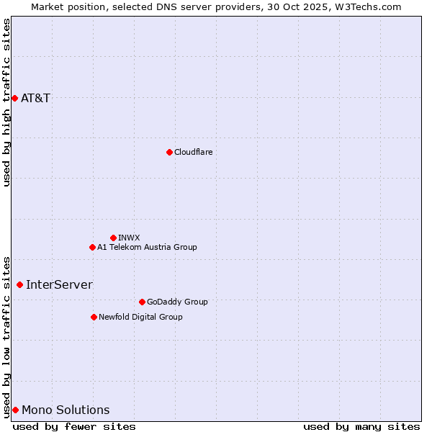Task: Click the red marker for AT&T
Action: pos(14,98)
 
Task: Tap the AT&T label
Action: pos(36,98)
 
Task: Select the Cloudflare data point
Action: pos(169,152)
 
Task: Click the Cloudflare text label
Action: pos(193,152)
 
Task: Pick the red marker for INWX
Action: pos(113,238)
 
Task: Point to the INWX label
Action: pos(129,238)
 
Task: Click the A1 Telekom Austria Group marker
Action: pos(92,247)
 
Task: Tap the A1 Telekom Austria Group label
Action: pos(147,247)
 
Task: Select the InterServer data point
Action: pos(19,284)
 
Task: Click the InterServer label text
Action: pos(59,284)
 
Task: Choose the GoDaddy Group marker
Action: pos(142,302)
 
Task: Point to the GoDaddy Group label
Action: pos(177,302)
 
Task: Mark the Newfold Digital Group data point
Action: pos(94,317)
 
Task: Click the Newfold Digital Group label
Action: pos(140,317)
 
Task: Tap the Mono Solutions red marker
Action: pos(15,410)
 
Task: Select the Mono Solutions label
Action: pos(66,410)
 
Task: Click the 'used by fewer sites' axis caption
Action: pos(74,427)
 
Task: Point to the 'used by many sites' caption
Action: pos(361,427)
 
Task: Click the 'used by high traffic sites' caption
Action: pos(6,102)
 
